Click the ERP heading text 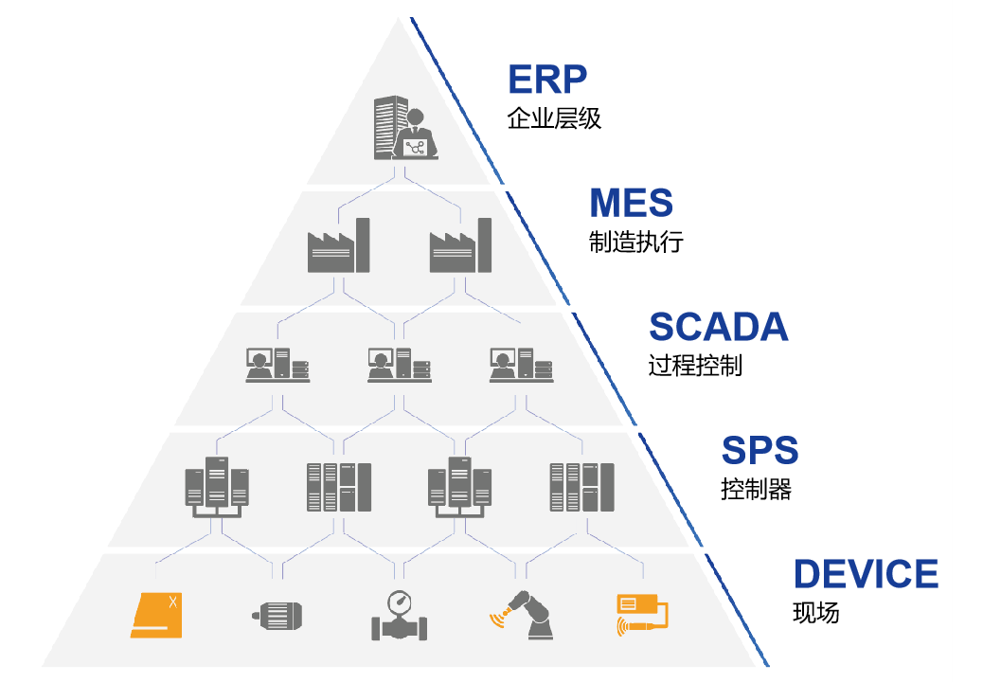[547, 79]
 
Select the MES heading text [631, 203]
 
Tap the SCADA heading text [718, 327]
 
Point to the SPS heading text [760, 451]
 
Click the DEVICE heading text [866, 575]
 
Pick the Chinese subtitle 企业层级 [554, 119]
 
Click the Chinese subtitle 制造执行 [635, 243]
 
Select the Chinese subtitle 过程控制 [695, 366]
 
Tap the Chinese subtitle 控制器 [756, 490]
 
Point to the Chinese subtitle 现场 [815, 613]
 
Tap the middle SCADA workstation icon [399, 364]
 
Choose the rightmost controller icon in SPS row [581, 487]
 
